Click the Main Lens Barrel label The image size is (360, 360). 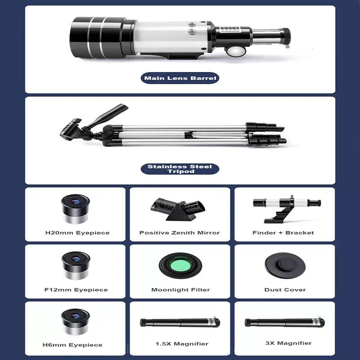tap(180, 78)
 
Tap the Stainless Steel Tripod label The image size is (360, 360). tap(180, 169)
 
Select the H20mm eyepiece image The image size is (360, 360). tap(75, 209)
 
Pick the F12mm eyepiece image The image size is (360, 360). tap(75, 265)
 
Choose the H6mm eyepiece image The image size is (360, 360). tap(75, 322)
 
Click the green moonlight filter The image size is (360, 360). tap(180, 265)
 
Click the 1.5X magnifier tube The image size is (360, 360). tap(180, 322)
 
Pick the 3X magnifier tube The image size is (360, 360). tap(284, 323)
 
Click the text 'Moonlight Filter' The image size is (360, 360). tap(180, 290)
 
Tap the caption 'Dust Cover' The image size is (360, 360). tap(285, 290)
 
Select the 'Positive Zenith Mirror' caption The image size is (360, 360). tap(180, 233)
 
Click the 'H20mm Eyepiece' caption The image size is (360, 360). tap(77, 233)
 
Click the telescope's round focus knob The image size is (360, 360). tap(234, 51)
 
